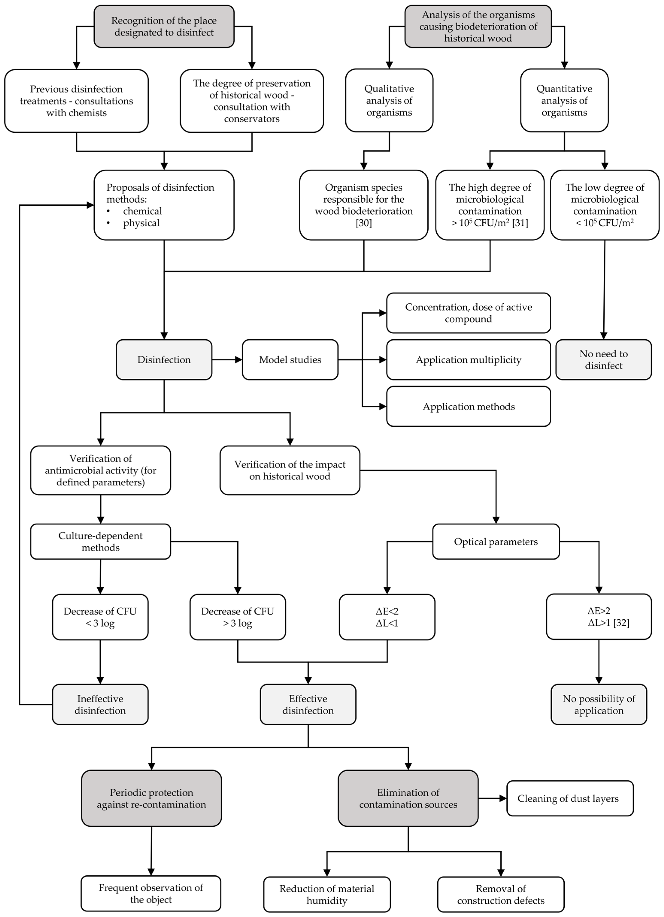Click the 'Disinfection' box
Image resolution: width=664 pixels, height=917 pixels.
164,359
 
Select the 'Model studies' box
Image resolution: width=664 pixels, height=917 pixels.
290,359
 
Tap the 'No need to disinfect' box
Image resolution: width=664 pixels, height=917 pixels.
603,359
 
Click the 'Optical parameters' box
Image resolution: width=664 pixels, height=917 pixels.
496,541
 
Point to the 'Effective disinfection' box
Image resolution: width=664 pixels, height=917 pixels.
308,704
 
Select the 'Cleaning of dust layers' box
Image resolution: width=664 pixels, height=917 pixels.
570,798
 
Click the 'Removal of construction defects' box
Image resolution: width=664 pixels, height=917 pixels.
501,894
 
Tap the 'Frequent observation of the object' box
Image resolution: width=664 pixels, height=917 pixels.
151,894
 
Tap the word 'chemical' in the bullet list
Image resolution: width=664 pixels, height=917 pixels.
142,211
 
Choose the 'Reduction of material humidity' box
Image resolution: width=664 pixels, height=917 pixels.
327,894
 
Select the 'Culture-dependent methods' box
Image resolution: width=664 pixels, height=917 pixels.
100,541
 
